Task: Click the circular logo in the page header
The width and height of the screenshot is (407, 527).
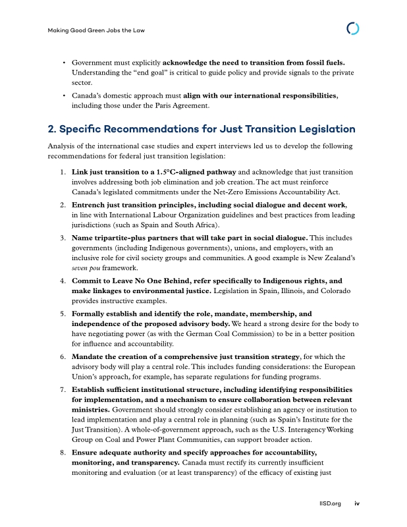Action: pyautogui.click(x=353, y=29)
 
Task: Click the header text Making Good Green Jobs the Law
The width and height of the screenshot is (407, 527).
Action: pyautogui.click(x=97, y=30)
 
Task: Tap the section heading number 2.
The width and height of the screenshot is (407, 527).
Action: pyautogui.click(x=52, y=128)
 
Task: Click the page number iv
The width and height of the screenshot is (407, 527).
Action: pyautogui.click(x=357, y=504)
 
